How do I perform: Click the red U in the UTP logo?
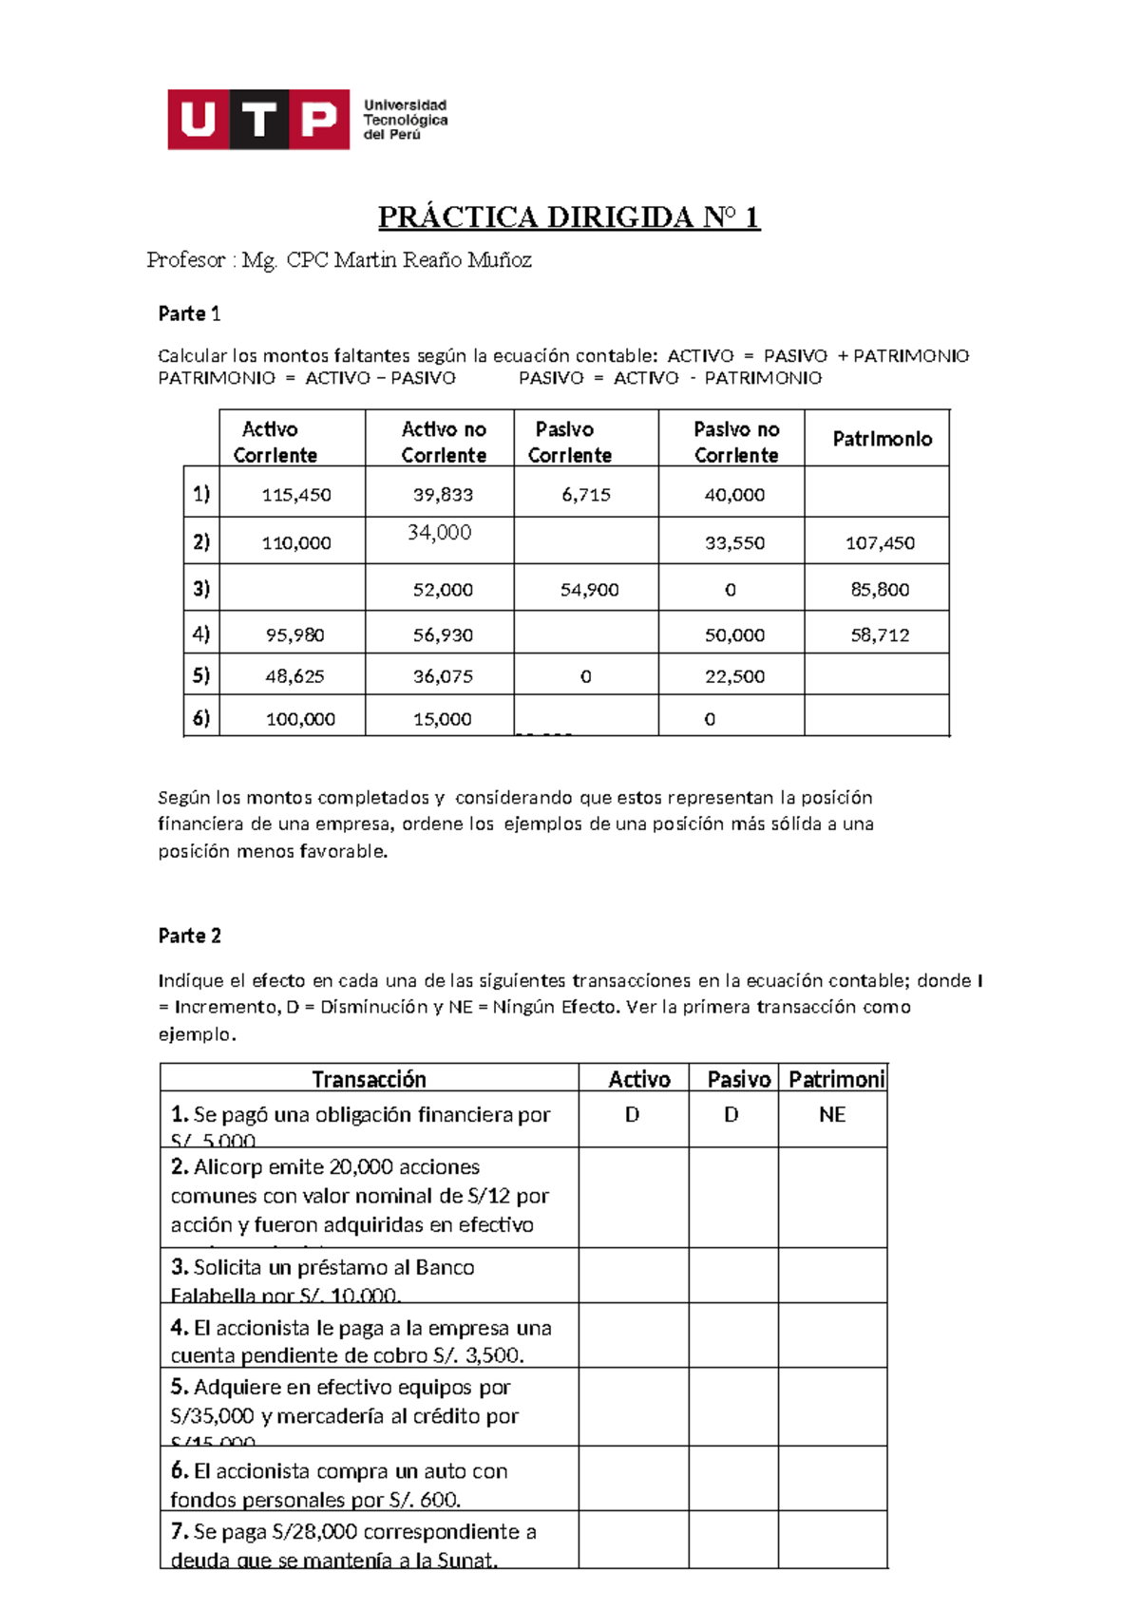click(198, 120)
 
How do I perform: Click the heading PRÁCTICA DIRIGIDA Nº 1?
click(569, 218)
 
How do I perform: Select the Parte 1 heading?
click(189, 313)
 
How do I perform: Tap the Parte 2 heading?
click(189, 936)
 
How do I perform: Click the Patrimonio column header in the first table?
click(882, 439)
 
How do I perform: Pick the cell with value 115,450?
click(295, 495)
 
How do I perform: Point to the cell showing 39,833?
click(443, 495)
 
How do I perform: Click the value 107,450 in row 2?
click(880, 543)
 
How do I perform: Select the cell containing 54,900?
click(589, 590)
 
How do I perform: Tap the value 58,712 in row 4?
click(880, 635)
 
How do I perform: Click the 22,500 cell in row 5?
click(734, 676)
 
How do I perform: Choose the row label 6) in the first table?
click(201, 718)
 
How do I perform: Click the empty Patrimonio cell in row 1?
click(876, 493)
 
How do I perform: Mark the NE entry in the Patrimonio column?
click(832, 1115)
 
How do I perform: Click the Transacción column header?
click(369, 1079)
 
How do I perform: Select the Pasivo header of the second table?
click(738, 1079)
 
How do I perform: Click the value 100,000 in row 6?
click(300, 719)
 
